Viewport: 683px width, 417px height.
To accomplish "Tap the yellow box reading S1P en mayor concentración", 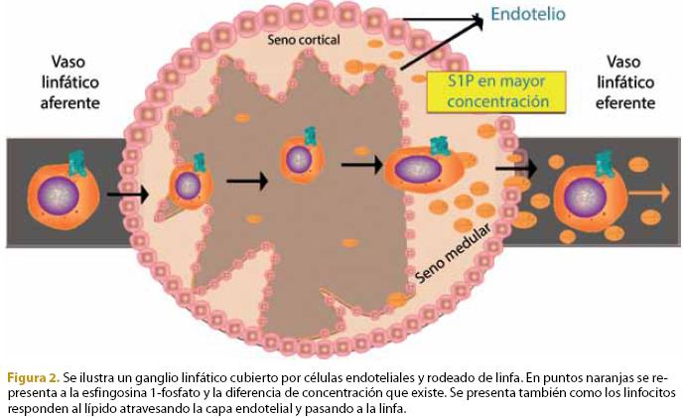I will [495, 91].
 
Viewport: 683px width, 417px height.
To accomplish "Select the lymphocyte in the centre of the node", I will [299, 158].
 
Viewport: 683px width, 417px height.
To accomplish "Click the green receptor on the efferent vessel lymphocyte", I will [603, 158].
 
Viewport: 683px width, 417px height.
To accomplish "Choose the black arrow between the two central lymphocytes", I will [246, 181].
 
